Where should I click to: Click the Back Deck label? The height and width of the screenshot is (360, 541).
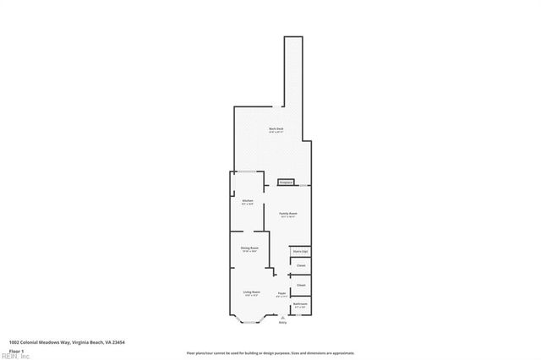(x=276, y=128)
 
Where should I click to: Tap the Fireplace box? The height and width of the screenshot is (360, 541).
(x=285, y=182)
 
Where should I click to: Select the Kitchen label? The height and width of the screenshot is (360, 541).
(x=247, y=200)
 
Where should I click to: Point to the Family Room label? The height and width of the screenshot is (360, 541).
(x=288, y=214)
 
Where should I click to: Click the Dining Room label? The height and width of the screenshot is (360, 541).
(x=249, y=248)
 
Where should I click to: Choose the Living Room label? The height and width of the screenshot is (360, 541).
(x=251, y=292)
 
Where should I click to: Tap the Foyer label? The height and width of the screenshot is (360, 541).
(x=282, y=293)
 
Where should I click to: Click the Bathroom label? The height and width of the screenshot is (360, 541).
(x=300, y=303)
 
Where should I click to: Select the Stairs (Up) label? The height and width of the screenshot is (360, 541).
(x=300, y=252)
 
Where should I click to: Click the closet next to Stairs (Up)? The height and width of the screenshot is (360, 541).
(x=300, y=265)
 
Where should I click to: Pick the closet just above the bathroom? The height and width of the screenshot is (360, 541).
(x=300, y=285)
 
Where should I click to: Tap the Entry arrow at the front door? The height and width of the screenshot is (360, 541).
(x=282, y=316)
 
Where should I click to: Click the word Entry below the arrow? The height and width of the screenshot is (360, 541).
(x=282, y=322)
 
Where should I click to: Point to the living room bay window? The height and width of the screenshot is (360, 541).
(x=251, y=319)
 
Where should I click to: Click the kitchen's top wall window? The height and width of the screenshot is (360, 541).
(x=248, y=173)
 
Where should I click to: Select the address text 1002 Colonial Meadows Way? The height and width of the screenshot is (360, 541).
(x=60, y=343)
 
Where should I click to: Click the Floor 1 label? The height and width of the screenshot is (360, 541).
(x=15, y=350)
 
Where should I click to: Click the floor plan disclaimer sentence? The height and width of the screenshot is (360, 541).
(x=270, y=353)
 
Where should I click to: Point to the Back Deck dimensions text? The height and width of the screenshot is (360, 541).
(x=276, y=132)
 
